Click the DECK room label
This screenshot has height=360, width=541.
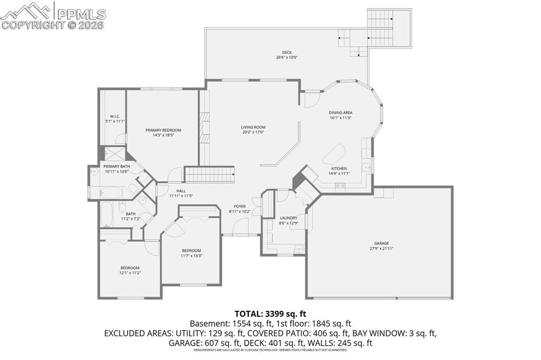(x=286, y=52)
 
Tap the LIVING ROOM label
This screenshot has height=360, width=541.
(x=253, y=127)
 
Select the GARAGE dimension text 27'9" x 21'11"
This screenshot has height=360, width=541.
(x=381, y=248)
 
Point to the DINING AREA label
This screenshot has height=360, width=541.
(x=340, y=112)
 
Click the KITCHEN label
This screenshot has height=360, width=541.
(x=339, y=168)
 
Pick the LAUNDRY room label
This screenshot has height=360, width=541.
(x=288, y=217)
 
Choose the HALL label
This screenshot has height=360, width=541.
(x=181, y=191)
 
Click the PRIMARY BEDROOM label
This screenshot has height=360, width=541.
(x=163, y=130)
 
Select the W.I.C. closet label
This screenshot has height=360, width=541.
(x=115, y=116)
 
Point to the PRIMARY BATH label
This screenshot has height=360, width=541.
(x=116, y=166)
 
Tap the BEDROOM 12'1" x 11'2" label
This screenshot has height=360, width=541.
(x=129, y=268)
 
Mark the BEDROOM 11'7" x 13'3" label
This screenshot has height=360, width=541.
(x=191, y=250)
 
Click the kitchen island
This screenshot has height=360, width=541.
(x=333, y=154)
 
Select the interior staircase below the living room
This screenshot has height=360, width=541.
(x=209, y=174)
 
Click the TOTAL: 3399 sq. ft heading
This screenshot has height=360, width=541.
(x=270, y=313)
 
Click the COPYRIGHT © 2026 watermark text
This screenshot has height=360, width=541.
(x=53, y=25)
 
